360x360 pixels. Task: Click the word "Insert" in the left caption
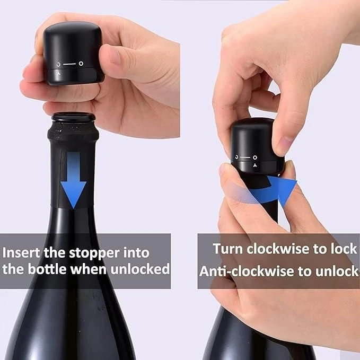[22, 252]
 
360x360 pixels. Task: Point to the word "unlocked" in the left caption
[140, 269]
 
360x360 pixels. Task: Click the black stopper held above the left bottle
[73, 53]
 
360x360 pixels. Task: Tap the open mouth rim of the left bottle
[74, 117]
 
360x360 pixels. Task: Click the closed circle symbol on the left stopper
[81, 64]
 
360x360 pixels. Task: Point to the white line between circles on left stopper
[69, 64]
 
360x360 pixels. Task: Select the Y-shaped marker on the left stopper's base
[59, 73]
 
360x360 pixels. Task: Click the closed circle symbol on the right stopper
[255, 157]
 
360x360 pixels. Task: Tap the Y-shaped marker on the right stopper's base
[255, 165]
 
